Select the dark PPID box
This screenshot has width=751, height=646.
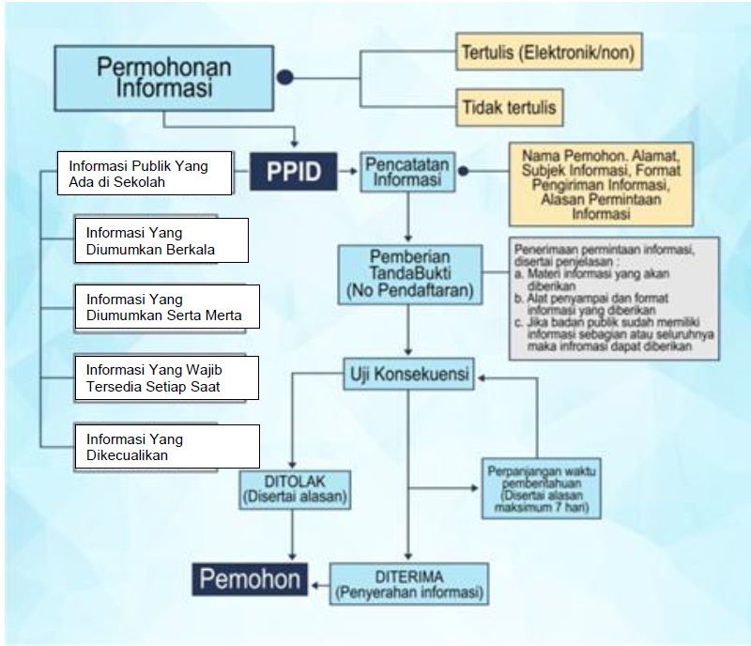(292, 172)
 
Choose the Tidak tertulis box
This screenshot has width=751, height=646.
(509, 108)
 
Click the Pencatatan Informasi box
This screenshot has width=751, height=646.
(406, 172)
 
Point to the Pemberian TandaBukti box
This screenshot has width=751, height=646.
(409, 274)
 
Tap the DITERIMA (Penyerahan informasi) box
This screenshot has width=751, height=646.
(408, 583)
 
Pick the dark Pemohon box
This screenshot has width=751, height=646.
(250, 577)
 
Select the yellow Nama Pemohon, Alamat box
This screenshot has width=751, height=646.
(601, 183)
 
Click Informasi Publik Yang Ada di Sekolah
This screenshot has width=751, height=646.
(145, 174)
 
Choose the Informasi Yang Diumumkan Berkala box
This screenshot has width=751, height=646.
(161, 240)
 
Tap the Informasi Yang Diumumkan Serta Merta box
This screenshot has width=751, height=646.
(166, 308)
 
